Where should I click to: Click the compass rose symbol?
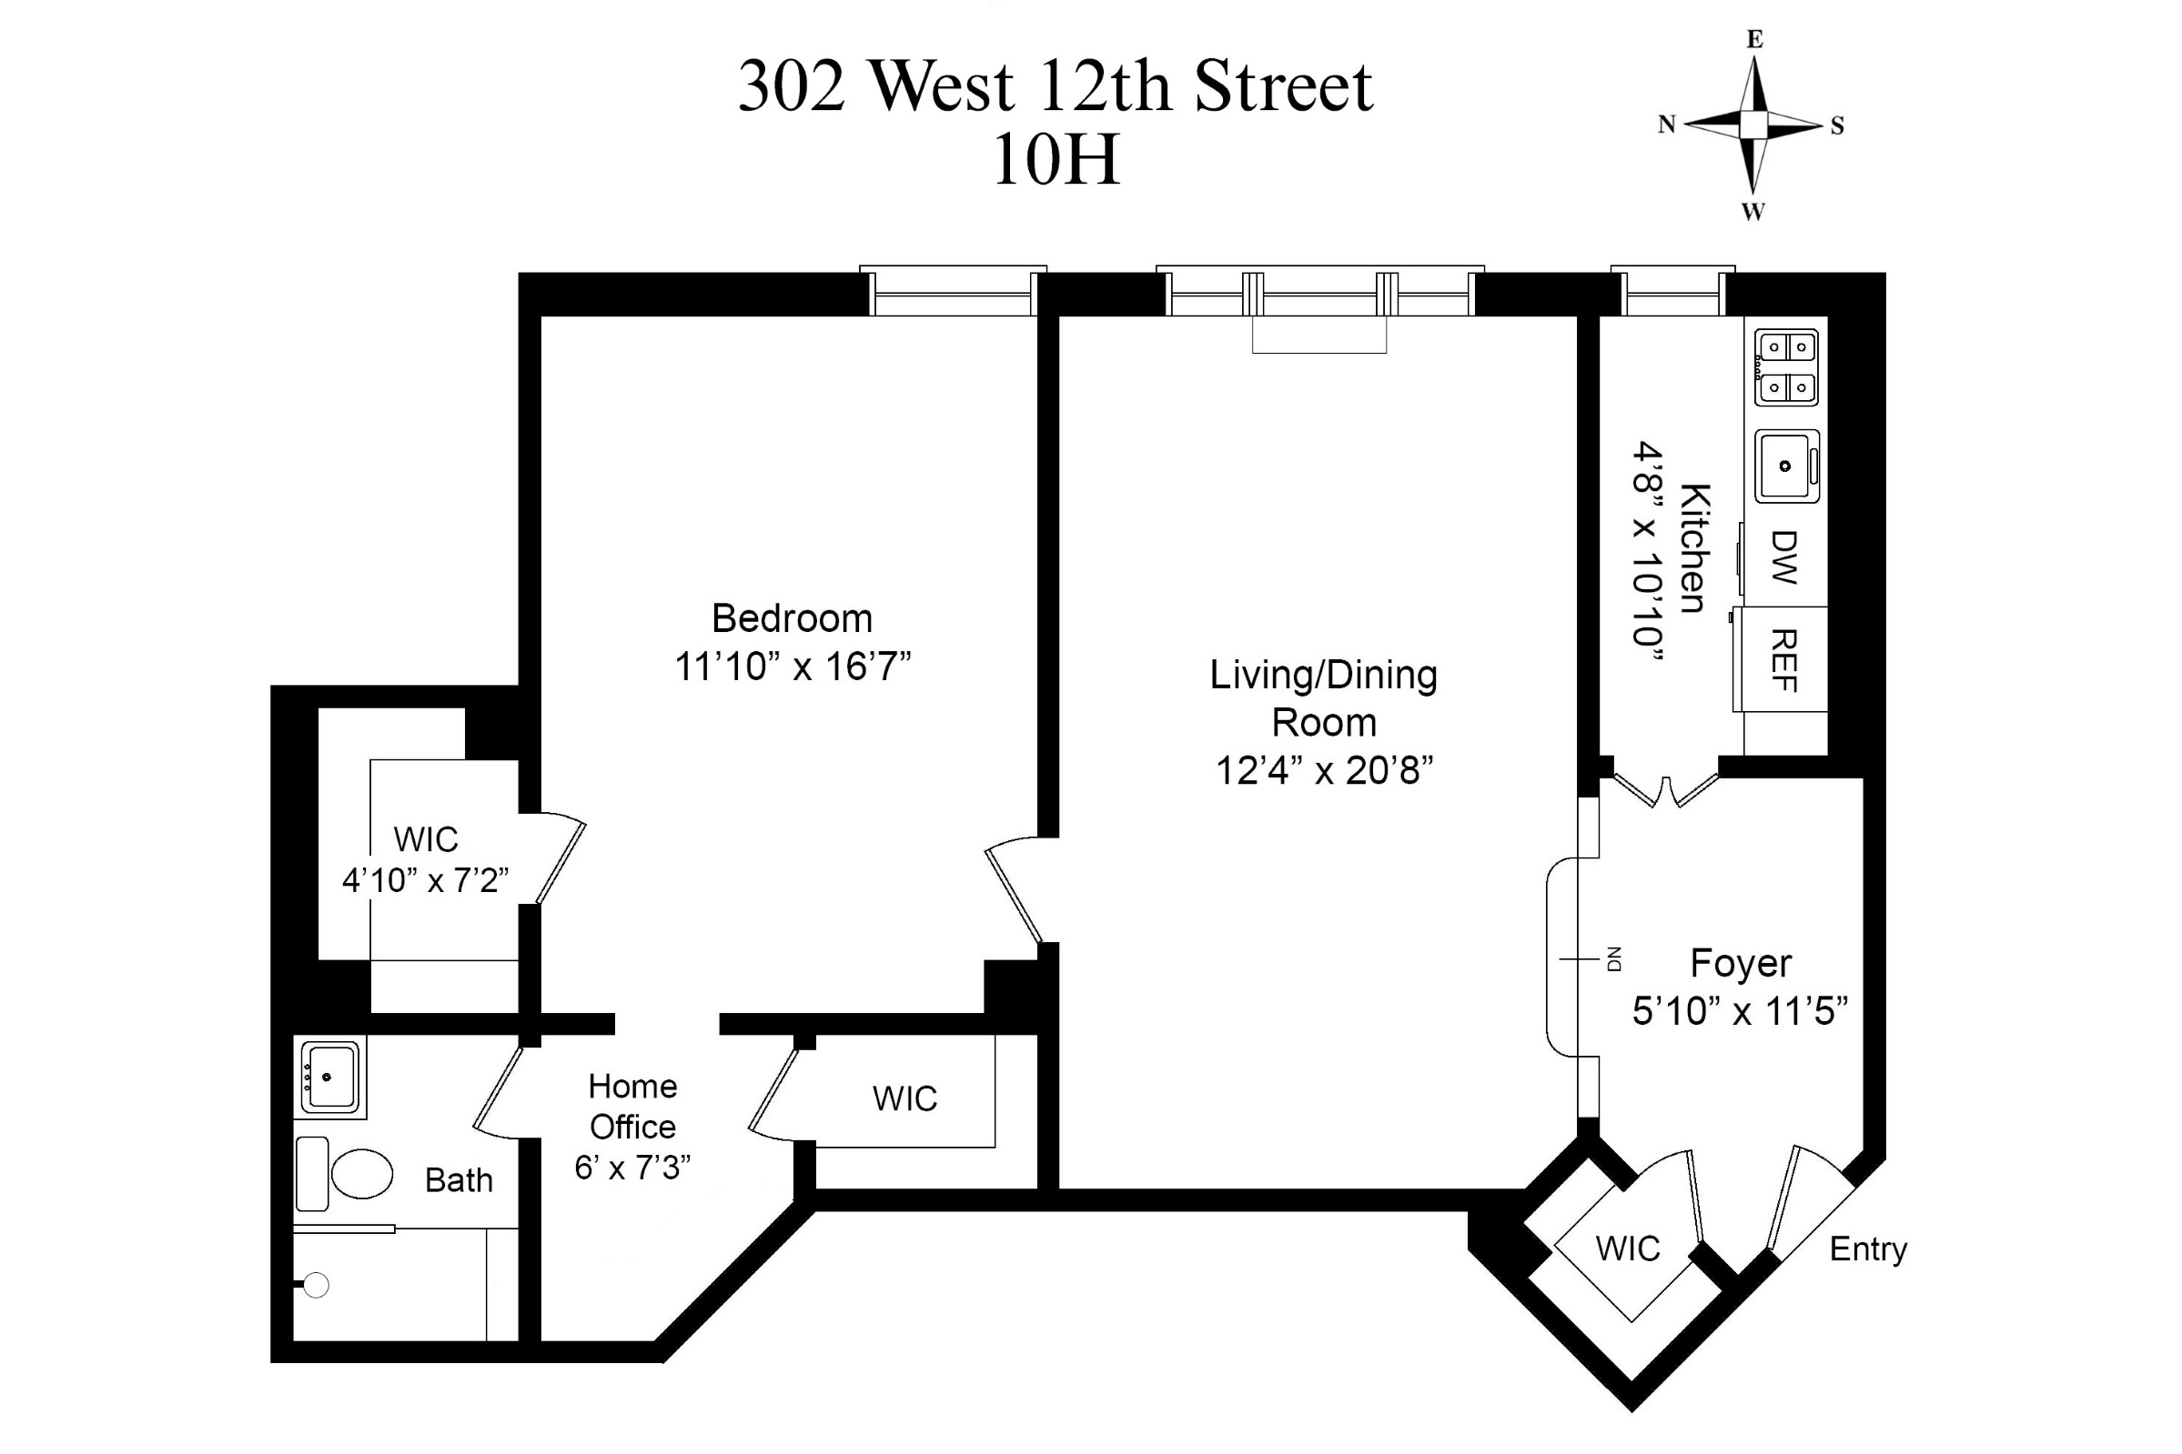[1753, 125]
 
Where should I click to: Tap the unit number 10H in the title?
[1056, 160]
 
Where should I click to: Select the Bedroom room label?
[792, 618]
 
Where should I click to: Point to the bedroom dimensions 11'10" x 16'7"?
[793, 667]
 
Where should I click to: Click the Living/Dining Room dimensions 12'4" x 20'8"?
[1324, 770]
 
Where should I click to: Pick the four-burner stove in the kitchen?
[1786, 367]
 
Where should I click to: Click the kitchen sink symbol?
[1786, 466]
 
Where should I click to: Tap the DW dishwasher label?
[1784, 557]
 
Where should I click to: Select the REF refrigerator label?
[1784, 660]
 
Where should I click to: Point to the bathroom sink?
[330, 1077]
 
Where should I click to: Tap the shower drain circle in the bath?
[317, 1285]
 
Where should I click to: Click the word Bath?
[459, 1180]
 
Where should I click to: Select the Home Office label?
[632, 1107]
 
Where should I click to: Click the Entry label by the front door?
[1867, 1249]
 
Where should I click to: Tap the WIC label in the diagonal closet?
[1627, 1249]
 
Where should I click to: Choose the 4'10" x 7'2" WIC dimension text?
[425, 880]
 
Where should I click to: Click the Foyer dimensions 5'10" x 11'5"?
[1740, 1012]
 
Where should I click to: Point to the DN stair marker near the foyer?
[1613, 958]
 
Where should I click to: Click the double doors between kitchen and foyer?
[1666, 788]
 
